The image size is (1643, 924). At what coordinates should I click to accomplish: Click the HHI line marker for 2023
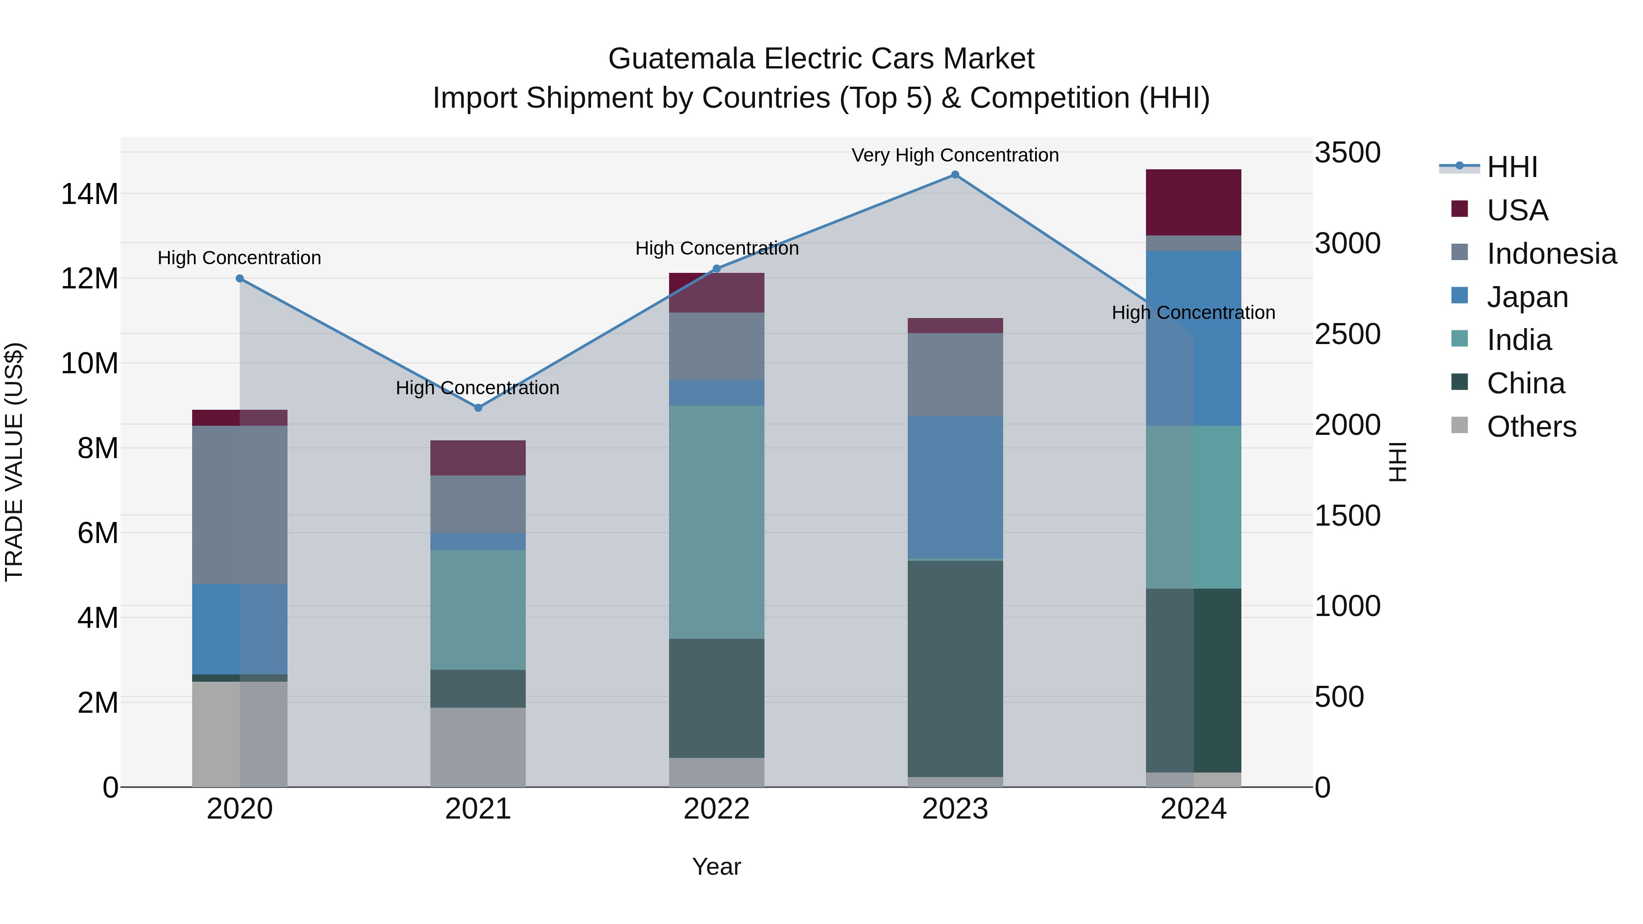[x=955, y=175]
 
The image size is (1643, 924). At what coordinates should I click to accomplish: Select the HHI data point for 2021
[x=478, y=407]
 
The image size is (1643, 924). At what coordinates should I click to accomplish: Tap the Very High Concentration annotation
[x=955, y=155]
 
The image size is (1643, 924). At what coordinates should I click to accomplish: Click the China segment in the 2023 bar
[x=955, y=668]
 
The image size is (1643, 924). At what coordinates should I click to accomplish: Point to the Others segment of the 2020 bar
[x=239, y=734]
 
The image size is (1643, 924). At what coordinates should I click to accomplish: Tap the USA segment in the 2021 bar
[x=478, y=457]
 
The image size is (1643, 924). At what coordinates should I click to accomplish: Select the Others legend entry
[x=1530, y=427]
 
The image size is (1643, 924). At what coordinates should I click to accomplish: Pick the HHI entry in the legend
[x=1511, y=167]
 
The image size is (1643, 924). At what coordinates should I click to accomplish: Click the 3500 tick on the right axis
[x=1347, y=153]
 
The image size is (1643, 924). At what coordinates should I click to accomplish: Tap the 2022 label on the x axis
[x=716, y=809]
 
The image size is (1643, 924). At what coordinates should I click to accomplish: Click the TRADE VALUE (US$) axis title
[x=14, y=462]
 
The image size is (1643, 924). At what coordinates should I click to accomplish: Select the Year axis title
[x=716, y=867]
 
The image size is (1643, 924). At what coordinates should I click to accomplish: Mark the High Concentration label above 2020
[x=239, y=258]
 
